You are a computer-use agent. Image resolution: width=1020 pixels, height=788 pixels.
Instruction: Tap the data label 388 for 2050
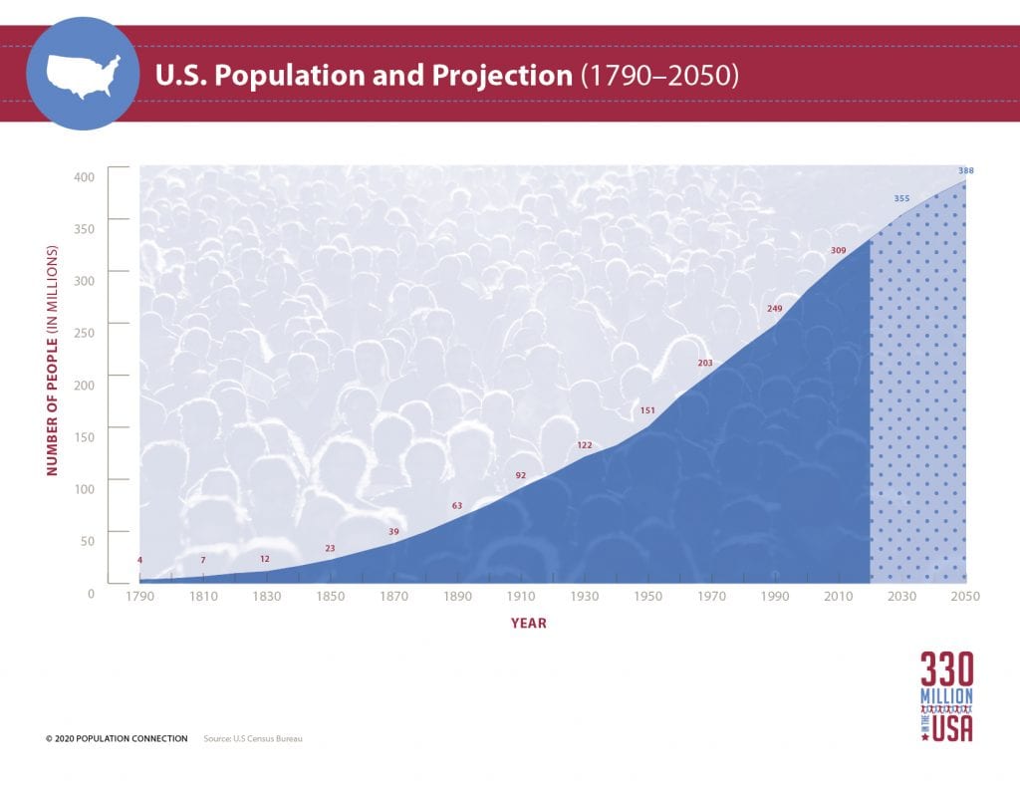[x=965, y=171]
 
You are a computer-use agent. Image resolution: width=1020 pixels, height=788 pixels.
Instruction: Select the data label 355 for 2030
[x=901, y=199]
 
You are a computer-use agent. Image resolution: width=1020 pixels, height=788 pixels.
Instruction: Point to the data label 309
[x=838, y=249]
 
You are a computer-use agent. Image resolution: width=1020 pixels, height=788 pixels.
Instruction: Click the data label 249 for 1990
[x=774, y=309]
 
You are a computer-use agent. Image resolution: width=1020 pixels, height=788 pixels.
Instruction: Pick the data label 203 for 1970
[x=704, y=364]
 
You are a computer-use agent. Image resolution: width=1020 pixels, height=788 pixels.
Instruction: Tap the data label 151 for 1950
[x=646, y=410]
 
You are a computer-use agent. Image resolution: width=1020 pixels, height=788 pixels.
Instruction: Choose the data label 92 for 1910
[x=520, y=475]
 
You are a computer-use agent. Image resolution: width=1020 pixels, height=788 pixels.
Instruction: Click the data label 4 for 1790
[x=139, y=560]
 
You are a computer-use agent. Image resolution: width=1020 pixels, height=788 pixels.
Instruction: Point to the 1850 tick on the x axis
[x=330, y=597]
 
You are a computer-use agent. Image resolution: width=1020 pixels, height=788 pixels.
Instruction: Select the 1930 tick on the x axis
[x=585, y=597]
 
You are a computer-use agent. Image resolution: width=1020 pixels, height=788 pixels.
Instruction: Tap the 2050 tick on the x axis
[x=965, y=597]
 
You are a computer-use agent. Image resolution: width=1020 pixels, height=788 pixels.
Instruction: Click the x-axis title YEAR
[x=528, y=624]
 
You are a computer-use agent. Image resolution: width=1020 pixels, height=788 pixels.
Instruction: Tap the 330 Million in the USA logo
[x=946, y=696]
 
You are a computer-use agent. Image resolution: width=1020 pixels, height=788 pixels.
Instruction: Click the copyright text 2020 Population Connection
[x=117, y=738]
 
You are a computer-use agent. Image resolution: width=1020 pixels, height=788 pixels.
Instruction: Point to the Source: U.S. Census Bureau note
[x=252, y=738]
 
